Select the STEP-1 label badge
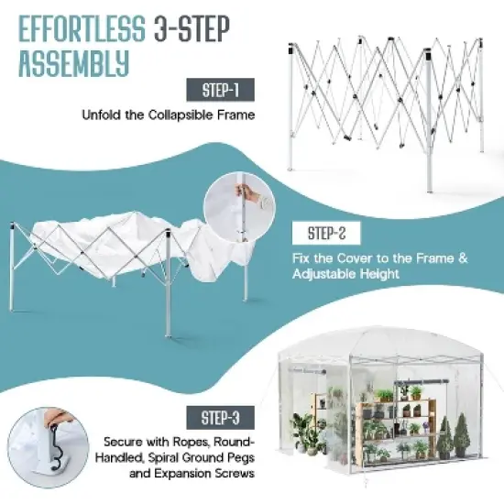[x=221, y=90]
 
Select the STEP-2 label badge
[x=322, y=233]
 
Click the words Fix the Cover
[x=325, y=258]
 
